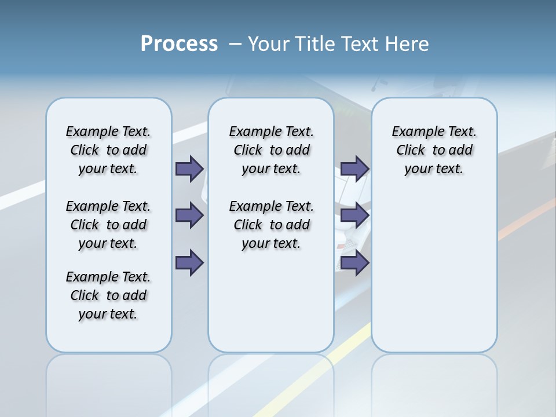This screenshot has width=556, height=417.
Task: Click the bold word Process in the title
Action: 179,44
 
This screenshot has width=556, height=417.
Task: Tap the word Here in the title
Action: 407,44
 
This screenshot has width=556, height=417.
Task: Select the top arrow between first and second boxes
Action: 189,169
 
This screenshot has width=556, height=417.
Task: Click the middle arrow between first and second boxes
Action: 189,215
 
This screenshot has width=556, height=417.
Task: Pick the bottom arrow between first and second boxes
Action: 189,262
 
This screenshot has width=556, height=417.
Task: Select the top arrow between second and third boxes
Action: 354,169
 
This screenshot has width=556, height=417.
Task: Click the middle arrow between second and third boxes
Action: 354,215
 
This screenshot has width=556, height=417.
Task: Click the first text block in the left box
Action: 108,150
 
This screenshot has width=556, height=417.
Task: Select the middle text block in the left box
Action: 108,225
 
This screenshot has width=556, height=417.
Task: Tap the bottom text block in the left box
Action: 108,295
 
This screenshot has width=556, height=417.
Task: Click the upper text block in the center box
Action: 271,150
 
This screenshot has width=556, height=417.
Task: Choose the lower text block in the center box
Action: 271,225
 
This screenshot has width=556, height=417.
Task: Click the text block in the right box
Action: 434,150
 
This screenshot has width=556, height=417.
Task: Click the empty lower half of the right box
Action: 434,278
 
